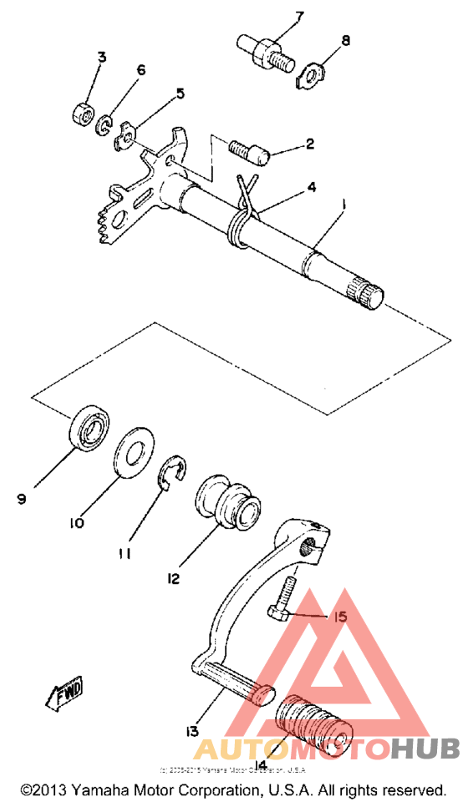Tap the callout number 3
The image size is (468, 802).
point(102,58)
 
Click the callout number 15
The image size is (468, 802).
point(339,617)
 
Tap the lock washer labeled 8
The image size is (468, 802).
point(312,76)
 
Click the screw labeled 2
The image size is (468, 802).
point(248,153)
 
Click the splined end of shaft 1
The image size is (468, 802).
point(366,292)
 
